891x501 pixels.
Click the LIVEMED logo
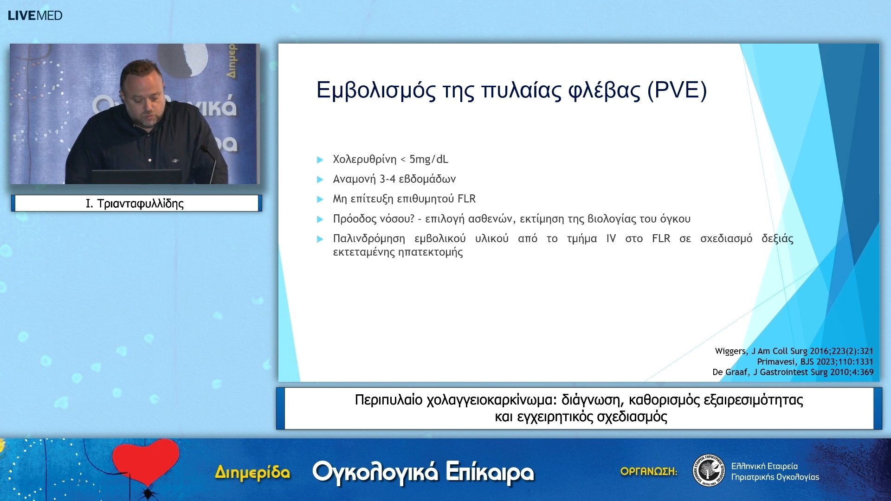pos(35,15)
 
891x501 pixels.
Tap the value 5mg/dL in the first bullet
pos(428,159)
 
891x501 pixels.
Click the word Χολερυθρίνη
pos(364,159)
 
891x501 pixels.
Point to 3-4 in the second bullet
pos(387,179)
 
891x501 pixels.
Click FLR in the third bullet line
pos(466,199)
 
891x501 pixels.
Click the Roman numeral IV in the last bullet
pos(611,238)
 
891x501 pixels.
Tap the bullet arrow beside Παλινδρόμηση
pos(320,239)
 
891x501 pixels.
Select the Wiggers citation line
pos(794,351)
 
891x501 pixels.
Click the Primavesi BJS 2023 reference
pos(814,361)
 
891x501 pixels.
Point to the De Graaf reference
pos(793,372)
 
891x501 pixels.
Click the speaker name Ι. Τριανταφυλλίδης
pos(135,203)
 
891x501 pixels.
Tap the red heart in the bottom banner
pos(145,462)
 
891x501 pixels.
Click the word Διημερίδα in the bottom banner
pos(252,472)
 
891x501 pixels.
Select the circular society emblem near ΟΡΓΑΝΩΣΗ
pos(708,470)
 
